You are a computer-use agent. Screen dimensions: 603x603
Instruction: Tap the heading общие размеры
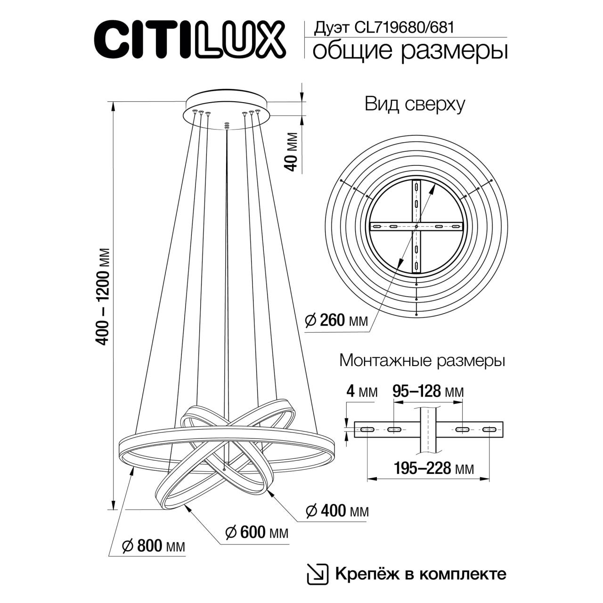pyautogui.click(x=410, y=51)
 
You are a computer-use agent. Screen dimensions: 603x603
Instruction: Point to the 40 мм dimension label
pyautogui.click(x=292, y=152)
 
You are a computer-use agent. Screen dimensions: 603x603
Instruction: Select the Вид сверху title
pyautogui.click(x=415, y=104)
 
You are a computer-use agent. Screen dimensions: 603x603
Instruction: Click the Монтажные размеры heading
pyautogui.click(x=422, y=361)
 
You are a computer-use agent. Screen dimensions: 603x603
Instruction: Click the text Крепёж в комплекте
pyautogui.click(x=421, y=574)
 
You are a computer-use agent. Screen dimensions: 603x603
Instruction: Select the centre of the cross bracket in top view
pyautogui.click(x=416, y=227)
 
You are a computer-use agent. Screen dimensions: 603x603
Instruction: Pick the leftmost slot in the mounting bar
pyautogui.click(x=367, y=429)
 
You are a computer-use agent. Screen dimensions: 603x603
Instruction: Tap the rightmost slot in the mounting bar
pyautogui.click(x=489, y=429)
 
